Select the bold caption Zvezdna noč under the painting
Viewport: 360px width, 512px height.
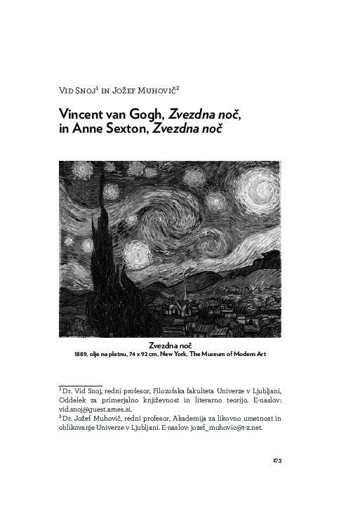click(x=170, y=346)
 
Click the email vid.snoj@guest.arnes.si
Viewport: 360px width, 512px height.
click(x=91, y=408)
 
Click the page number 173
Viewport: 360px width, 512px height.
click(x=276, y=461)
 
